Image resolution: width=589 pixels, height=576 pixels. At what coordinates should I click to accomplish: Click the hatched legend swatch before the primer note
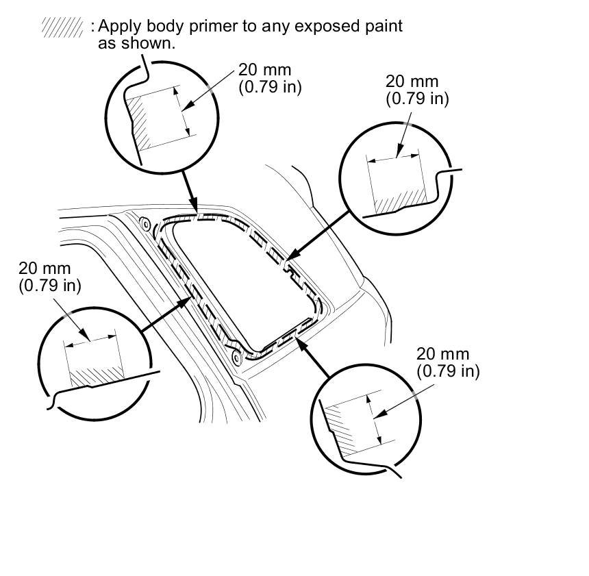[x=62, y=27]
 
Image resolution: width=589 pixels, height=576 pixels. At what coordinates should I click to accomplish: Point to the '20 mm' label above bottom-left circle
[x=45, y=269]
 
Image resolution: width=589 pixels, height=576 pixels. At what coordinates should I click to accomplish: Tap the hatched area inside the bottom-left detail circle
[x=96, y=376]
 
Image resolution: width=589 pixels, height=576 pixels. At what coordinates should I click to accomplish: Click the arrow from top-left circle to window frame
[x=189, y=189]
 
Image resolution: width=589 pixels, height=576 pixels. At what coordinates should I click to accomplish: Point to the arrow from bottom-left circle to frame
[x=164, y=316]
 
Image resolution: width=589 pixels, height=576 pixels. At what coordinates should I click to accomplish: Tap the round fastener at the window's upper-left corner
[x=145, y=223]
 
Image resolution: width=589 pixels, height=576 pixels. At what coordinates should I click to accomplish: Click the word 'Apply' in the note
[x=117, y=27]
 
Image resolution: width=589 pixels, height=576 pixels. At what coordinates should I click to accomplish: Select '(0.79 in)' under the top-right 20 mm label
[x=417, y=98]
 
